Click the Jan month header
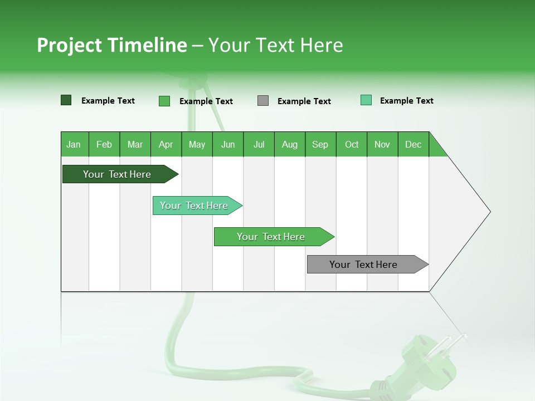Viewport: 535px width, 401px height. coord(74,144)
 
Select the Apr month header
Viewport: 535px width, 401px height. coord(166,144)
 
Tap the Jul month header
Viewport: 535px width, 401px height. coord(259,144)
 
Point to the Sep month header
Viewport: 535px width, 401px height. coord(320,144)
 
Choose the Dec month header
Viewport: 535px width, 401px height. coord(414,144)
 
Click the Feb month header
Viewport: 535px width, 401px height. coord(104,144)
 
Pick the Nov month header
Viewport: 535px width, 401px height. coord(382,144)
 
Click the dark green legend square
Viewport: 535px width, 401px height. coord(66,100)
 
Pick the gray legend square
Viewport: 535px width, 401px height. coord(263,101)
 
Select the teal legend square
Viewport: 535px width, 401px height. coord(366,100)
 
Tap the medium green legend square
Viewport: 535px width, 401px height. coord(164,101)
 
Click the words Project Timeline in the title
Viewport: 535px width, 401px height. coord(111,45)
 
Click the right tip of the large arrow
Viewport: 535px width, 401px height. coord(489,212)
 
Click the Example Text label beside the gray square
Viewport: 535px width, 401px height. coord(304,101)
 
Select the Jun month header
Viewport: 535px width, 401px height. coord(228,144)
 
